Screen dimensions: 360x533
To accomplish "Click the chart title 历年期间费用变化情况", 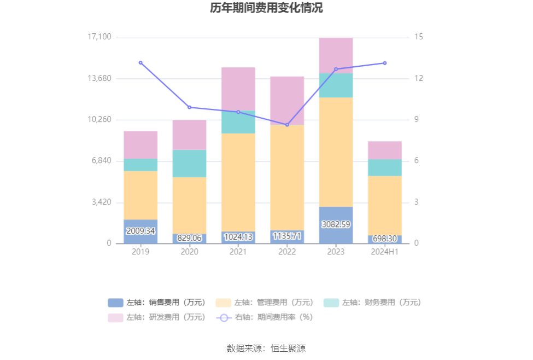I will tap(266, 8).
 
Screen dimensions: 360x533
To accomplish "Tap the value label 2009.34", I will tap(140, 231).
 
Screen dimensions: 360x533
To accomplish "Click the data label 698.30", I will tap(384, 239).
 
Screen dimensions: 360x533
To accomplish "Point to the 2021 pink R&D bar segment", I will tap(238, 89).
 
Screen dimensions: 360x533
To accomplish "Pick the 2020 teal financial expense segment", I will tap(189, 163).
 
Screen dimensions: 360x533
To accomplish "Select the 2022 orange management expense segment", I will tap(287, 177).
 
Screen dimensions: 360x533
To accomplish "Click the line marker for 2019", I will tap(140, 62).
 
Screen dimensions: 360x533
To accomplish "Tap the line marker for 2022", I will tap(287, 125).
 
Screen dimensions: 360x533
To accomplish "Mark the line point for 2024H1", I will tap(384, 63).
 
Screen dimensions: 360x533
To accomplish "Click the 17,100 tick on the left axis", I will tap(99, 37).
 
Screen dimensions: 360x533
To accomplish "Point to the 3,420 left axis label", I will tap(101, 202).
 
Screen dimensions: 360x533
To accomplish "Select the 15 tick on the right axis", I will tap(419, 37).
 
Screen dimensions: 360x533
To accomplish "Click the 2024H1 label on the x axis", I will tap(384, 252).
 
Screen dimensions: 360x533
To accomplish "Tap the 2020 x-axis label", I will tap(189, 252).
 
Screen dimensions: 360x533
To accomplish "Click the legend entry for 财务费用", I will tap(373, 303).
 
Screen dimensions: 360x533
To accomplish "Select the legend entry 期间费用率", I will tap(266, 317).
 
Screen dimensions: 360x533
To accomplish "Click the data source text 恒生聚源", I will tap(266, 348).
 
